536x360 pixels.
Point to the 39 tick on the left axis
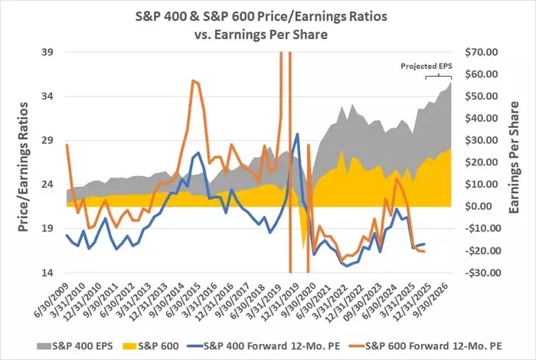click(x=48, y=52)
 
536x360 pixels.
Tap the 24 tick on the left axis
click(x=48, y=185)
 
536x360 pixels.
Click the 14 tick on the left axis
click(x=48, y=273)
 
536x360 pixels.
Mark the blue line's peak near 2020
click(x=297, y=134)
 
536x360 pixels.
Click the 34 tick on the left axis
click(x=48, y=97)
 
